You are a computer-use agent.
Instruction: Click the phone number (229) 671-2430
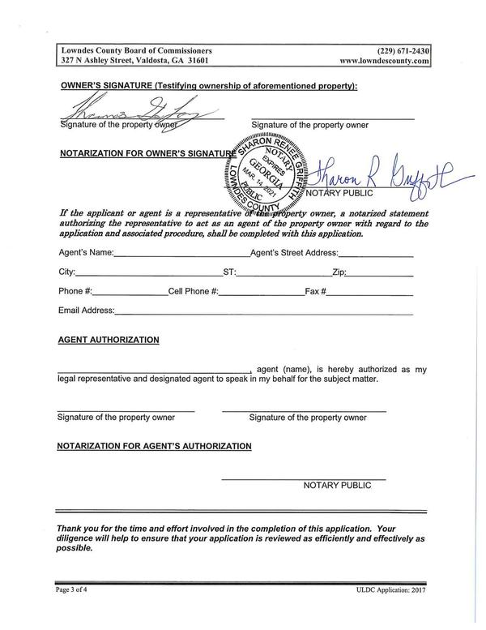click(403, 49)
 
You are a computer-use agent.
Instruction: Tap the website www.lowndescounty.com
click(384, 60)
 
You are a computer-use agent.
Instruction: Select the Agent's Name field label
click(86, 253)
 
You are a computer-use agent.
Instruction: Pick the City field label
click(67, 272)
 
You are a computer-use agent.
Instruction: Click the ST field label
click(229, 272)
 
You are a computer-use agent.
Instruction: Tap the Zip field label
click(339, 272)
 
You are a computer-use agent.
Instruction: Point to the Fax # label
click(315, 291)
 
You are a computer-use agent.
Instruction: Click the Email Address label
click(86, 311)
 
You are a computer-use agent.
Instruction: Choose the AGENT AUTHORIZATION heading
click(108, 340)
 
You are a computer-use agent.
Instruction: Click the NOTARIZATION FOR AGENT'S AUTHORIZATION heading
click(154, 446)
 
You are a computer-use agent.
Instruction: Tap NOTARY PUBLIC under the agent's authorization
click(337, 486)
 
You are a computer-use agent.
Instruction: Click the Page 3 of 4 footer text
click(75, 589)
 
